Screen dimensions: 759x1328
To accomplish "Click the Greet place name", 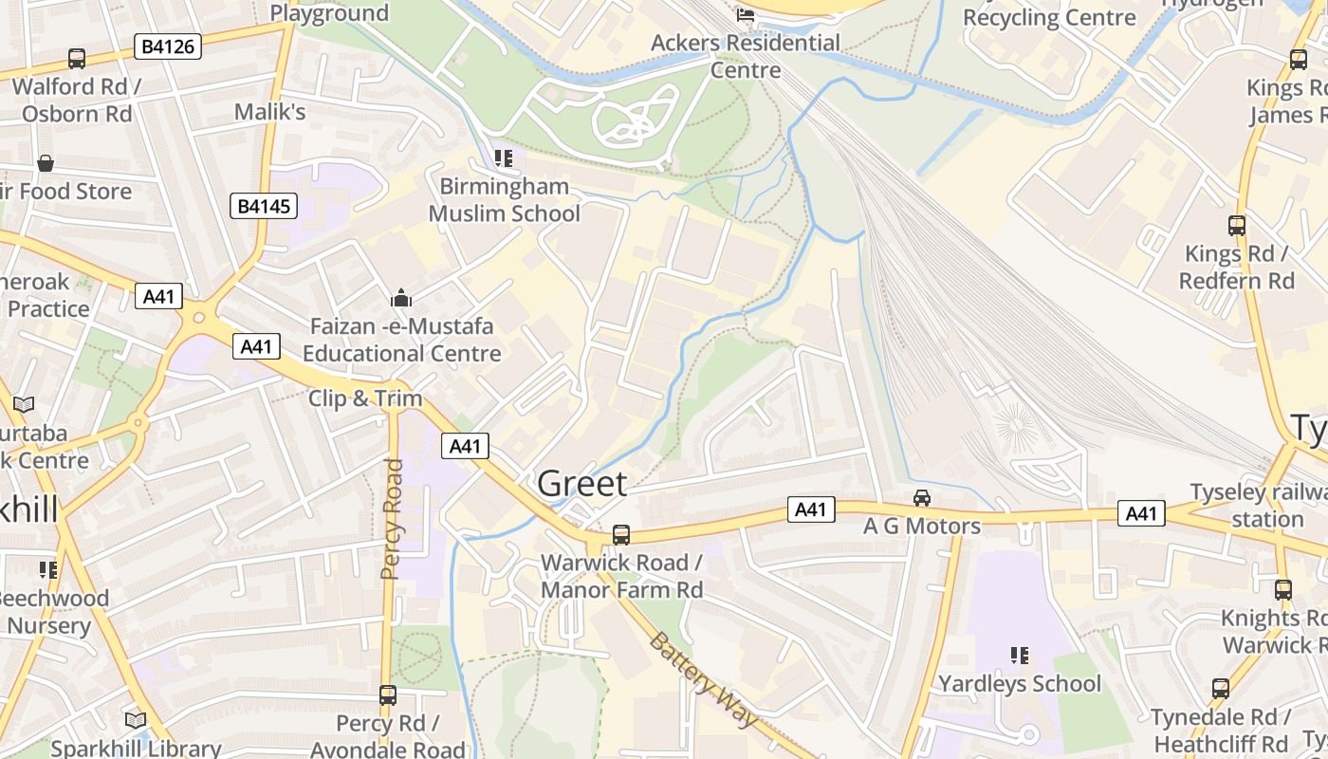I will [x=582, y=484].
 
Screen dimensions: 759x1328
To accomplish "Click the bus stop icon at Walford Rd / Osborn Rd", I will [x=77, y=59].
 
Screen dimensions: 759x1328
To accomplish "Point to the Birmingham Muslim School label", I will [x=504, y=200].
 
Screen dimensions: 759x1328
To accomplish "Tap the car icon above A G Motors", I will [x=921, y=498].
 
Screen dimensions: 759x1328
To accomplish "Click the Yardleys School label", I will [x=1020, y=684].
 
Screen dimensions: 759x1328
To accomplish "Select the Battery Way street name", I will [x=704, y=679].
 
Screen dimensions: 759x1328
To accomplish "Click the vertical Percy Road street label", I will [x=393, y=519].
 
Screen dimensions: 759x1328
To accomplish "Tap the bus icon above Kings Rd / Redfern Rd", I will [x=1236, y=226].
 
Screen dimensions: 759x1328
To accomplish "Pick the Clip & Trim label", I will [x=365, y=398].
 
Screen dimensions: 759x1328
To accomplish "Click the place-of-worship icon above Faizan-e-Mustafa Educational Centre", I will [x=401, y=299].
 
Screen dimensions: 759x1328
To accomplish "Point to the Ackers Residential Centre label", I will [x=746, y=56].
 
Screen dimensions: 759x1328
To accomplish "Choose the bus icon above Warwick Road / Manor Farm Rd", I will [x=621, y=535].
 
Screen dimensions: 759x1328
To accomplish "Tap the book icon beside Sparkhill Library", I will [x=137, y=721].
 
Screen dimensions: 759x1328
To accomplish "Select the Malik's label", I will [x=269, y=112].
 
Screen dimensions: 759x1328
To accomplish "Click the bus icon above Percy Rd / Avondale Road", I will [x=387, y=695].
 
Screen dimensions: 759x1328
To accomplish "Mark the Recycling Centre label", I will [x=1049, y=18].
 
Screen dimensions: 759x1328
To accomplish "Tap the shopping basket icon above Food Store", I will [x=45, y=164].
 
